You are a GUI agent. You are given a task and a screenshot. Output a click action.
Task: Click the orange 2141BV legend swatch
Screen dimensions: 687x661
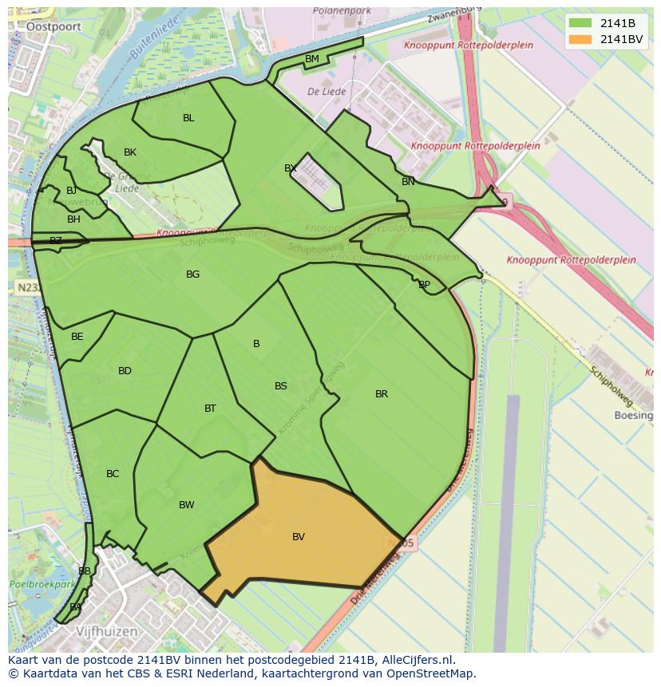(580, 39)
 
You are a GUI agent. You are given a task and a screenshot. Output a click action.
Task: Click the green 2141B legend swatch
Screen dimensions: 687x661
(580, 23)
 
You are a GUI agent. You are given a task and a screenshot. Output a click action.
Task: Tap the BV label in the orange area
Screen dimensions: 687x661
(299, 537)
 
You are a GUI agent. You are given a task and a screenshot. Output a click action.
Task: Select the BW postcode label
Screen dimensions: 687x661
(186, 505)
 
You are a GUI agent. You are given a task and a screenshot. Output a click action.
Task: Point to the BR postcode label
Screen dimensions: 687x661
(382, 394)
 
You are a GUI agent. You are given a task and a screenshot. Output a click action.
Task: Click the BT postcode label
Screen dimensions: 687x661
(210, 409)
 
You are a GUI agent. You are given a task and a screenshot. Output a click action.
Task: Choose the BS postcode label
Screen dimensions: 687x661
(281, 386)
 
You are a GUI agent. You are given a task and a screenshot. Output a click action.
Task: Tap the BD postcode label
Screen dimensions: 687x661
(125, 371)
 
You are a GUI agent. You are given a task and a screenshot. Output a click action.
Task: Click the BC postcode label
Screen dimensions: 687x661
(113, 474)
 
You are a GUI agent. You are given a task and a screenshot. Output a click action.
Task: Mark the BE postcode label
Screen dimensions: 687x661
(77, 337)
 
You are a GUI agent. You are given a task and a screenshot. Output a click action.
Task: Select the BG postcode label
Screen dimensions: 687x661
(192, 274)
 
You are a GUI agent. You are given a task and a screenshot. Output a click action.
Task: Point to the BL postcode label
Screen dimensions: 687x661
(188, 118)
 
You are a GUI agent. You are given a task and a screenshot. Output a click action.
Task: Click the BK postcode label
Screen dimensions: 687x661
(130, 152)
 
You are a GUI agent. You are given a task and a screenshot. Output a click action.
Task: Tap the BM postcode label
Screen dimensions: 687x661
(312, 59)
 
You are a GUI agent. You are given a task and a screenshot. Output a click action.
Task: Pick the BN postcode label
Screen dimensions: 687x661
(408, 182)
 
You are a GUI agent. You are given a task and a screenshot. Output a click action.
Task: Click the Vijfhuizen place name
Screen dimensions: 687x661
(107, 631)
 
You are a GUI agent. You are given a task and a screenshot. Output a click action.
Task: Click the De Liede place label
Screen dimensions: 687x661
(327, 92)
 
